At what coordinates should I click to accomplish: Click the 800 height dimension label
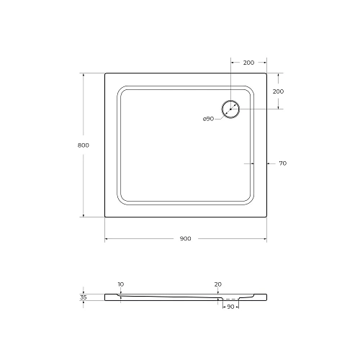click(x=83, y=145)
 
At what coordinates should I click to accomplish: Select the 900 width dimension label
click(x=185, y=239)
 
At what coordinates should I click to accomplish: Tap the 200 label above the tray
click(x=248, y=63)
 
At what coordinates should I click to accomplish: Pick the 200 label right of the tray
click(x=278, y=91)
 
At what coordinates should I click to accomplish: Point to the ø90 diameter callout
click(x=208, y=118)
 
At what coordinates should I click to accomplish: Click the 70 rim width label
click(x=282, y=163)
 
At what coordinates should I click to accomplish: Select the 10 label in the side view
click(x=121, y=284)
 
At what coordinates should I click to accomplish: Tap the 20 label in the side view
click(x=217, y=284)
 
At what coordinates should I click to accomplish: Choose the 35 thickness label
click(x=84, y=297)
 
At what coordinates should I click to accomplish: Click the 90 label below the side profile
click(x=230, y=307)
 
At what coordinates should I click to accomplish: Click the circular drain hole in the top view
click(x=231, y=109)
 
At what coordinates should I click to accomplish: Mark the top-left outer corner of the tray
click(x=105, y=73)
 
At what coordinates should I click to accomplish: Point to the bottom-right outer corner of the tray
click(x=266, y=216)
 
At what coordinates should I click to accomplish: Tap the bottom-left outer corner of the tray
click(x=105, y=216)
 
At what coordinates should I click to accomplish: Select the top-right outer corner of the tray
click(x=266, y=73)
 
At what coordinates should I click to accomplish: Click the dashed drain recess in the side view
click(x=230, y=299)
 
